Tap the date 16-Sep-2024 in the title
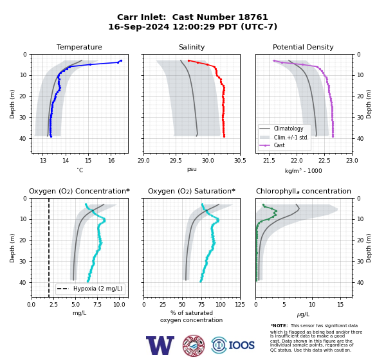pyautogui.click(x=139, y=26)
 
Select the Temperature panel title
pyautogui.click(x=79, y=47)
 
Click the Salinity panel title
pyautogui.click(x=192, y=47)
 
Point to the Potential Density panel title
pyautogui.click(x=303, y=47)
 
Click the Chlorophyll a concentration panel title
pyautogui.click(x=304, y=191)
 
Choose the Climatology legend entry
pyautogui.click(x=288, y=129)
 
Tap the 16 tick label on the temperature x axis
pyautogui.click(x=111, y=161)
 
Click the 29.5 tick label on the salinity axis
pyautogui.click(x=176, y=161)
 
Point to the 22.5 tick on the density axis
pyautogui.click(x=324, y=161)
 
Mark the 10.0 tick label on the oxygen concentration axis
pyautogui.click(x=119, y=304)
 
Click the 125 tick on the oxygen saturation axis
pyautogui.click(x=240, y=304)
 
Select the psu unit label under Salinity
pyautogui.click(x=192, y=169)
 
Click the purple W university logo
pyautogui.click(x=160, y=345)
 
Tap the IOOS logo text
pyautogui.click(x=241, y=345)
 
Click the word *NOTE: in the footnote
pyautogui.click(x=279, y=325)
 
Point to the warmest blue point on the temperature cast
pyautogui.click(x=121, y=61)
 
